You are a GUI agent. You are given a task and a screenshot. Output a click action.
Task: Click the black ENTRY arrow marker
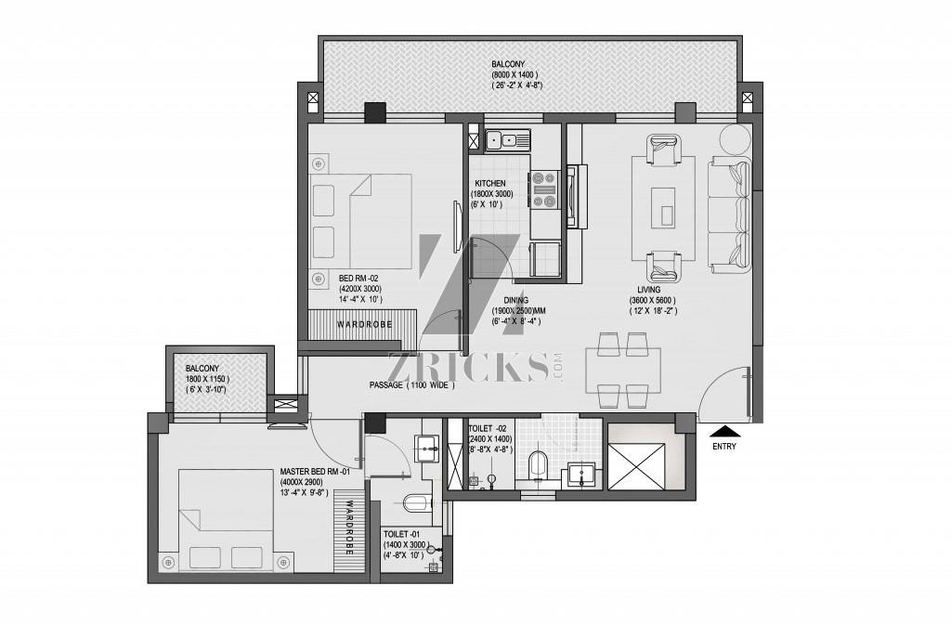724,432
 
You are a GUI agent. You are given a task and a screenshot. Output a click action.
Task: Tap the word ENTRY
724,446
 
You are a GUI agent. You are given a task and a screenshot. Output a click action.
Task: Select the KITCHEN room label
490,183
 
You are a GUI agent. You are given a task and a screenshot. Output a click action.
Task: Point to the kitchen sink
508,140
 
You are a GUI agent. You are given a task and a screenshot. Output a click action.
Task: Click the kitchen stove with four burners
544,190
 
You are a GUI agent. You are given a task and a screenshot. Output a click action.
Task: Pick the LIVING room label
649,290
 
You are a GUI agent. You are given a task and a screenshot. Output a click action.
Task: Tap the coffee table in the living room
663,208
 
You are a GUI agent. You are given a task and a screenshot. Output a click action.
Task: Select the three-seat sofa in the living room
730,214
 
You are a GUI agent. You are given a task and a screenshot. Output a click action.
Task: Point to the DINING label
516,300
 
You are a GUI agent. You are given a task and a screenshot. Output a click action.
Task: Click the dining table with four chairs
623,370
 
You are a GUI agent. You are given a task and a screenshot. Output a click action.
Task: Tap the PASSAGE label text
385,385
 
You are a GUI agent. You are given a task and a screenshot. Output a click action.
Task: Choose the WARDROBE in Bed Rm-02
362,325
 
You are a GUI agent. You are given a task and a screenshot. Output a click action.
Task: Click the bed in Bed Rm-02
360,222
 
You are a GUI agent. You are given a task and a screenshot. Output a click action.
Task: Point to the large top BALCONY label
508,64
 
